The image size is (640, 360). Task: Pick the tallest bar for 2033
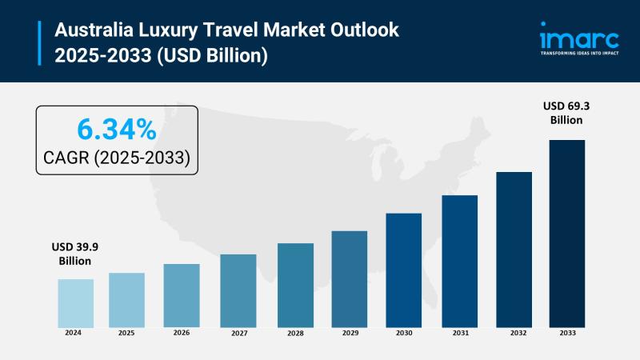coord(566,233)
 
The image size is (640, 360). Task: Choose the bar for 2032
coord(514,249)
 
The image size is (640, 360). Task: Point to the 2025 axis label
coord(126,333)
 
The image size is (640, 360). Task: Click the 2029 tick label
coord(350,333)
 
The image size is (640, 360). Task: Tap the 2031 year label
coord(459,333)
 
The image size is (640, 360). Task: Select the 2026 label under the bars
coord(182,333)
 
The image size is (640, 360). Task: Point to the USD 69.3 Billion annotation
coord(566,113)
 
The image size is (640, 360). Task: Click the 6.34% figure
coord(116,129)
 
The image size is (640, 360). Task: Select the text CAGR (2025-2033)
coord(117,158)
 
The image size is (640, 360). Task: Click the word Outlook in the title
coord(367,31)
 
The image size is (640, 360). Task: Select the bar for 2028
coord(295,285)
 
